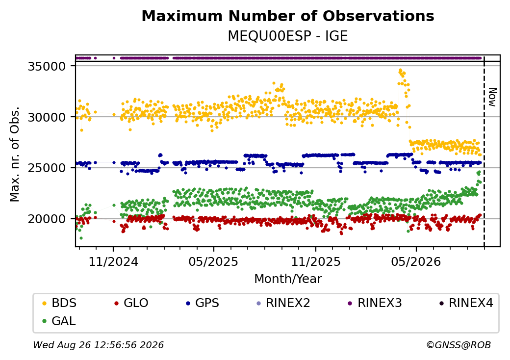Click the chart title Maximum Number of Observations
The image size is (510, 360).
[288, 16]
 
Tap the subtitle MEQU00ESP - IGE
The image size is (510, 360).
[288, 36]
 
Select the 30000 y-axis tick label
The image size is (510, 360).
[47, 117]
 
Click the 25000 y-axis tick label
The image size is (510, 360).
[47, 168]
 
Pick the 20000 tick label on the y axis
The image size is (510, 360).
[47, 219]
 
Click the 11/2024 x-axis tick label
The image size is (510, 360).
[113, 261]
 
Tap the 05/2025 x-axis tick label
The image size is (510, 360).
[213, 261]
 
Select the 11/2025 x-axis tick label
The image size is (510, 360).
[315, 261]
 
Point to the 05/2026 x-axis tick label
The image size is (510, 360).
[416, 261]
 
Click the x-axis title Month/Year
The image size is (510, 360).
[288, 279]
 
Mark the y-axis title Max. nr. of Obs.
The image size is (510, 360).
[15, 154]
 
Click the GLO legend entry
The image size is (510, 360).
[131, 303]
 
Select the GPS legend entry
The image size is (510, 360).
[203, 303]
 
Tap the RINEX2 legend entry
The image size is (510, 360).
[283, 303]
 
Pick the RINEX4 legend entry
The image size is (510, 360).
[466, 303]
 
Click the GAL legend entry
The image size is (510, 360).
[59, 321]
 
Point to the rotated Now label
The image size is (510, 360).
[493, 97]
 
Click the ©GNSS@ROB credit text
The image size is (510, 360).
[459, 345]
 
